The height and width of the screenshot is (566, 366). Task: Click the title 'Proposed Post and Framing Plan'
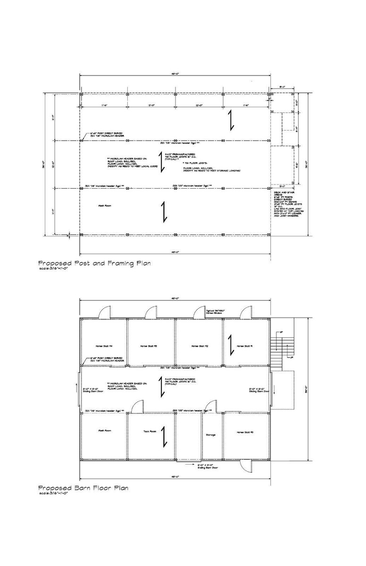click(94, 263)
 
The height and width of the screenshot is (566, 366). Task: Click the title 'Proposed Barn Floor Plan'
click(83, 488)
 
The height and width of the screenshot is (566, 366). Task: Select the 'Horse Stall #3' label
click(149, 346)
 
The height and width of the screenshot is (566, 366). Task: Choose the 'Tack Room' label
click(150, 431)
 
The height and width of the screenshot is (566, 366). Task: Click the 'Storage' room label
click(211, 434)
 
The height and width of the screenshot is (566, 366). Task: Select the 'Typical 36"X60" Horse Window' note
click(215, 312)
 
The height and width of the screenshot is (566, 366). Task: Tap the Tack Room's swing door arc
click(136, 406)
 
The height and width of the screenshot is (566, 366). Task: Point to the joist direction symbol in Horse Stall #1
click(231, 345)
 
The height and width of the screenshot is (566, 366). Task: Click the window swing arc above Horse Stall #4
click(104, 312)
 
